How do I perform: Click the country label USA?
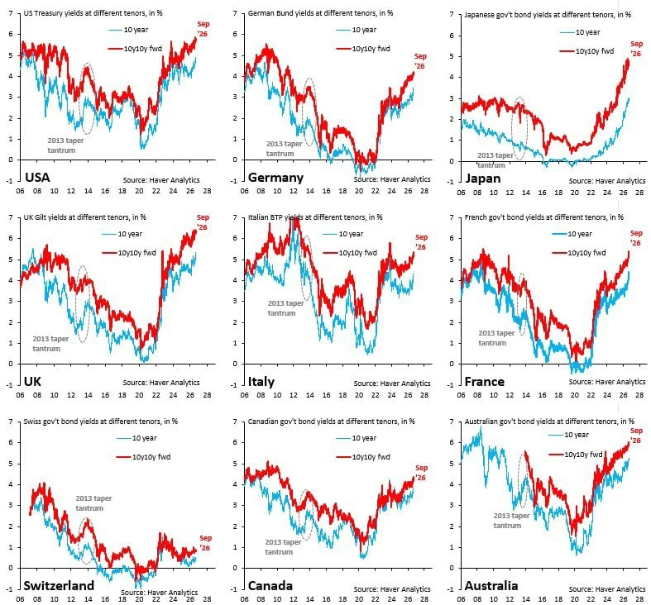point(37,177)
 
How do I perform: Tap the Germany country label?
point(275,178)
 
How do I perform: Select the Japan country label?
point(483,179)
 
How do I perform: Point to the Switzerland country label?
point(59,585)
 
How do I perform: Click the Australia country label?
point(491,585)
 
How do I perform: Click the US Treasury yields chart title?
point(93,13)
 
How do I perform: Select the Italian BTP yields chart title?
point(315,217)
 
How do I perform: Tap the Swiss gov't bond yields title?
point(100,422)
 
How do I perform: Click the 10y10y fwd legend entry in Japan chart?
point(586,51)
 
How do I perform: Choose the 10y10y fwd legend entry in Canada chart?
point(363,457)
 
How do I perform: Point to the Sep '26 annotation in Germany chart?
point(420,61)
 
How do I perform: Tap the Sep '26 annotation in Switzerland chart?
point(205,543)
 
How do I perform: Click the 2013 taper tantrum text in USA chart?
point(65,145)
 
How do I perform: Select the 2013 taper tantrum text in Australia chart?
point(511,521)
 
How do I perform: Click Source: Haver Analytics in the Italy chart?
point(392,383)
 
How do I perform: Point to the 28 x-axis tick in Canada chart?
point(424,599)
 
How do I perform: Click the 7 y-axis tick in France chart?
point(452,217)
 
